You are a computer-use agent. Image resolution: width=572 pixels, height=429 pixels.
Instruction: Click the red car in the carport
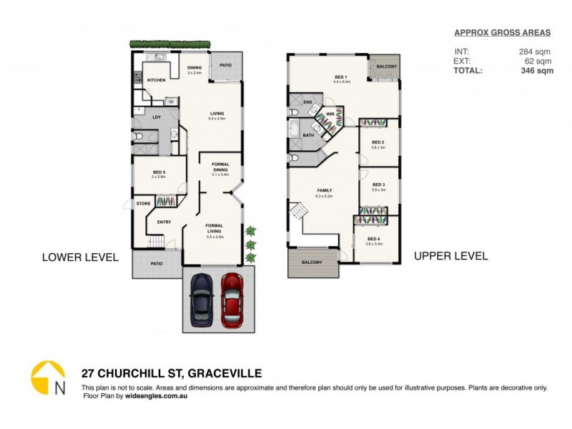[x=232, y=299]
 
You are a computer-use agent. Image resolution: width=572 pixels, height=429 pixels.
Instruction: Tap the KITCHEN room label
[x=157, y=80]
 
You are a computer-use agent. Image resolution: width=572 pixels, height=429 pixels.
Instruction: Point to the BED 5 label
[x=159, y=172]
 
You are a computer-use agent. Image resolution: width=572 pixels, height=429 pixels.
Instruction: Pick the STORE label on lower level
[x=144, y=204]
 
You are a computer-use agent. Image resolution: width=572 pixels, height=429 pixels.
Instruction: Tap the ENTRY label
[x=164, y=222]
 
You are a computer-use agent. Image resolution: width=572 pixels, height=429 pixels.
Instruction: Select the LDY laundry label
[x=157, y=117]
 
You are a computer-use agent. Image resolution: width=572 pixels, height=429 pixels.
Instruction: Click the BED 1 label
[x=340, y=77]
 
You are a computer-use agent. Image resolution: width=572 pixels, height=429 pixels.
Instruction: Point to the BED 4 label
[x=373, y=239]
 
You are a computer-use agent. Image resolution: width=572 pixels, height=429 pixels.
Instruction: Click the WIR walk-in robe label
[x=331, y=114]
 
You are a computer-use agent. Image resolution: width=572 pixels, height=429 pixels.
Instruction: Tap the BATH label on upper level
[x=309, y=134]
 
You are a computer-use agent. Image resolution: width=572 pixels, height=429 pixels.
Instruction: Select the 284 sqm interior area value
[x=536, y=51]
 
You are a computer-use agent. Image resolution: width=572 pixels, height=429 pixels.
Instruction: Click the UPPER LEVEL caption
[x=450, y=256]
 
